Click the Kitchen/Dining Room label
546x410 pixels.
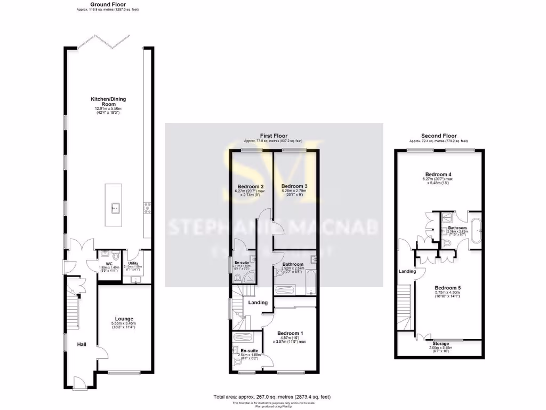[x=108, y=101]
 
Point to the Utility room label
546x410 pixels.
[x=133, y=263]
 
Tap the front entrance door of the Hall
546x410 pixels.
[x=79, y=383]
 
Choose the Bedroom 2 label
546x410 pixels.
[x=247, y=186]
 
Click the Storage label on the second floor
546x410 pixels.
[x=440, y=344]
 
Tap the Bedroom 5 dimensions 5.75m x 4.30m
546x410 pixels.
[x=447, y=293]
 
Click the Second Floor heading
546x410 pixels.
[x=439, y=136]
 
